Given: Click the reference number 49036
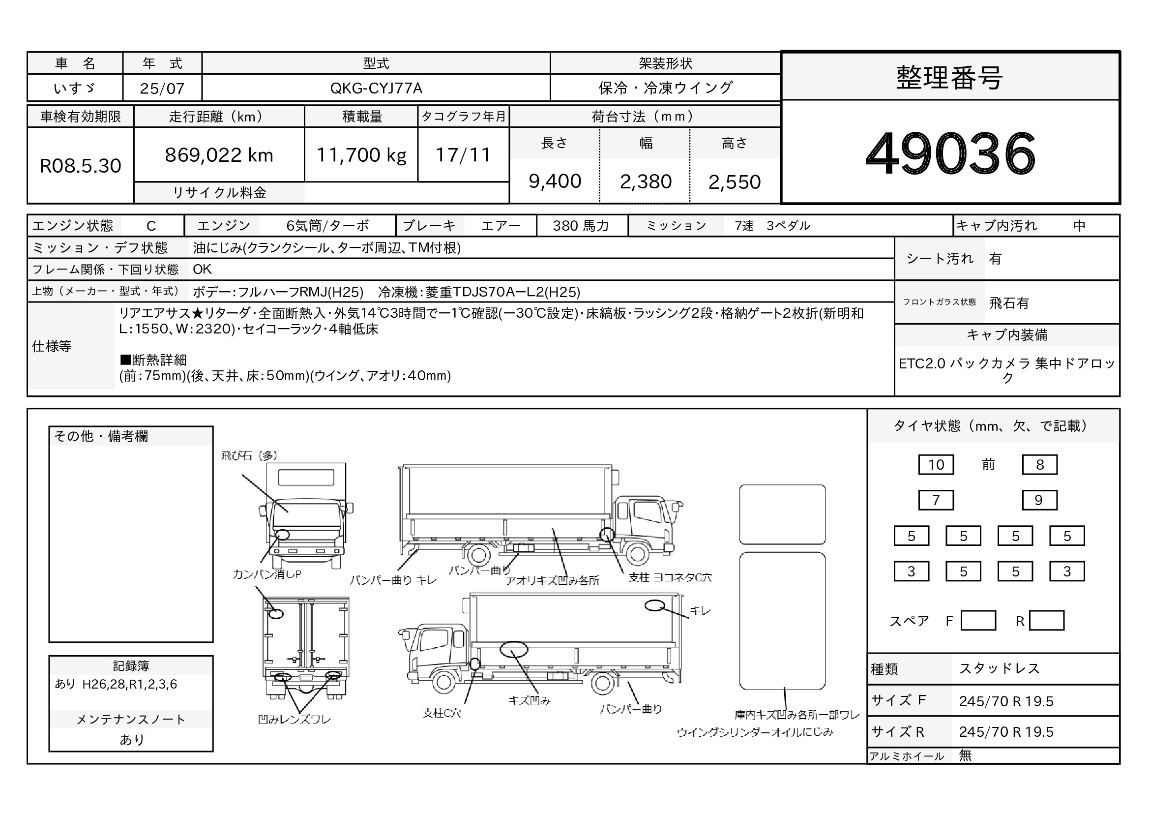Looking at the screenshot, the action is [x=950, y=153].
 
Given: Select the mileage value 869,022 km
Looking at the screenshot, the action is [x=219, y=155].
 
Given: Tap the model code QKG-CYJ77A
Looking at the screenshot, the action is [x=376, y=88].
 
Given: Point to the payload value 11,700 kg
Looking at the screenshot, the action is [x=361, y=155].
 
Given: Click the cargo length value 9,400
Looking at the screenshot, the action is [x=555, y=181].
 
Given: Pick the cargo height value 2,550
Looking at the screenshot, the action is [x=734, y=182].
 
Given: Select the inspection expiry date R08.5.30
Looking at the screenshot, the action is [x=81, y=166].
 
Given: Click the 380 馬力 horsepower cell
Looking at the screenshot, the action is [x=581, y=226].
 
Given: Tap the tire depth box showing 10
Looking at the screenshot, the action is [x=936, y=464].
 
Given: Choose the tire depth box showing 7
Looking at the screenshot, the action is [x=936, y=500].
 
